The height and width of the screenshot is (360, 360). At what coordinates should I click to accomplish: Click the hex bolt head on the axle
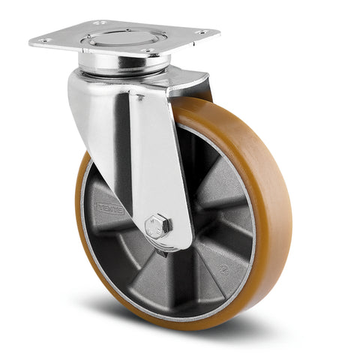(158, 225)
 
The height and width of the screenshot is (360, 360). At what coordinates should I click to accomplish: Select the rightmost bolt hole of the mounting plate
(201, 32)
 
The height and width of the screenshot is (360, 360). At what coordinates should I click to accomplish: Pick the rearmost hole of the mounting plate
(100, 23)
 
